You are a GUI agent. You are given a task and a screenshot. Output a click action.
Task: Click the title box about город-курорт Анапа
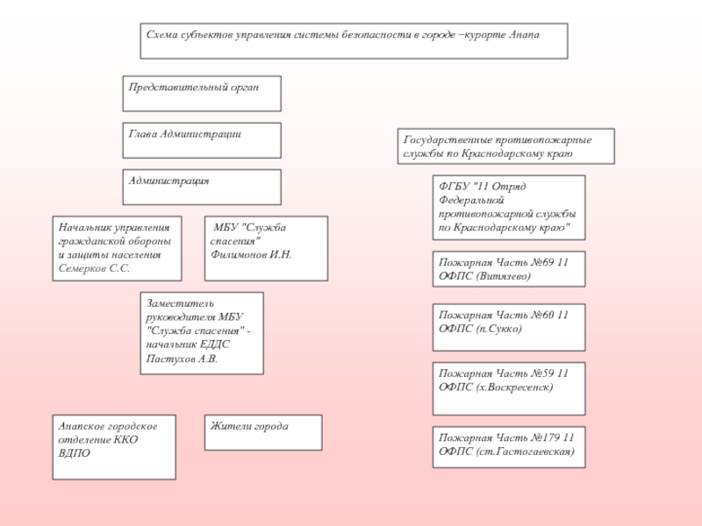pos(354,41)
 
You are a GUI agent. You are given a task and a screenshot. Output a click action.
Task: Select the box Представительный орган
pos(202,94)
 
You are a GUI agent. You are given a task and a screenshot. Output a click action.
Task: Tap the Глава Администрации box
pos(202,140)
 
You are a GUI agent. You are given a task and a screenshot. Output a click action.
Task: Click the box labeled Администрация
pos(202,188)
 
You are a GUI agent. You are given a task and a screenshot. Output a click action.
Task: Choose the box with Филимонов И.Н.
pos(266,248)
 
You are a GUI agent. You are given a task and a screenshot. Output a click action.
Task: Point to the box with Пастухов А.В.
pos(202,333)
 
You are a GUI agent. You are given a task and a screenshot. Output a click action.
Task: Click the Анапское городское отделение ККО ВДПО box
pos(114,447)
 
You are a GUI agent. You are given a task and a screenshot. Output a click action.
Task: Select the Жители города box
pos(263,432)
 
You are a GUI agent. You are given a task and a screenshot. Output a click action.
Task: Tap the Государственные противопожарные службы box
pos(506,146)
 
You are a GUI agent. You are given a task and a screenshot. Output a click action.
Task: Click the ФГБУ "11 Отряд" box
pos(509,208)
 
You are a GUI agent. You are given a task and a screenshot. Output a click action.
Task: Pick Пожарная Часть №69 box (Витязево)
pos(509,269)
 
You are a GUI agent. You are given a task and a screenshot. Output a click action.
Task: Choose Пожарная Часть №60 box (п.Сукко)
pos(509,327)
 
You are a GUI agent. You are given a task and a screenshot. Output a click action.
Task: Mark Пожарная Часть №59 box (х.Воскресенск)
pos(509,388)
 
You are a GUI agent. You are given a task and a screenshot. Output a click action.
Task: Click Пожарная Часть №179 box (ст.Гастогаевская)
pos(509,447)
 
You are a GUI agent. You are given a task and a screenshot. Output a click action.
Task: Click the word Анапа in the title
pos(525,34)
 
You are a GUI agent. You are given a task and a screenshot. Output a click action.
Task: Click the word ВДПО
pos(75,453)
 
